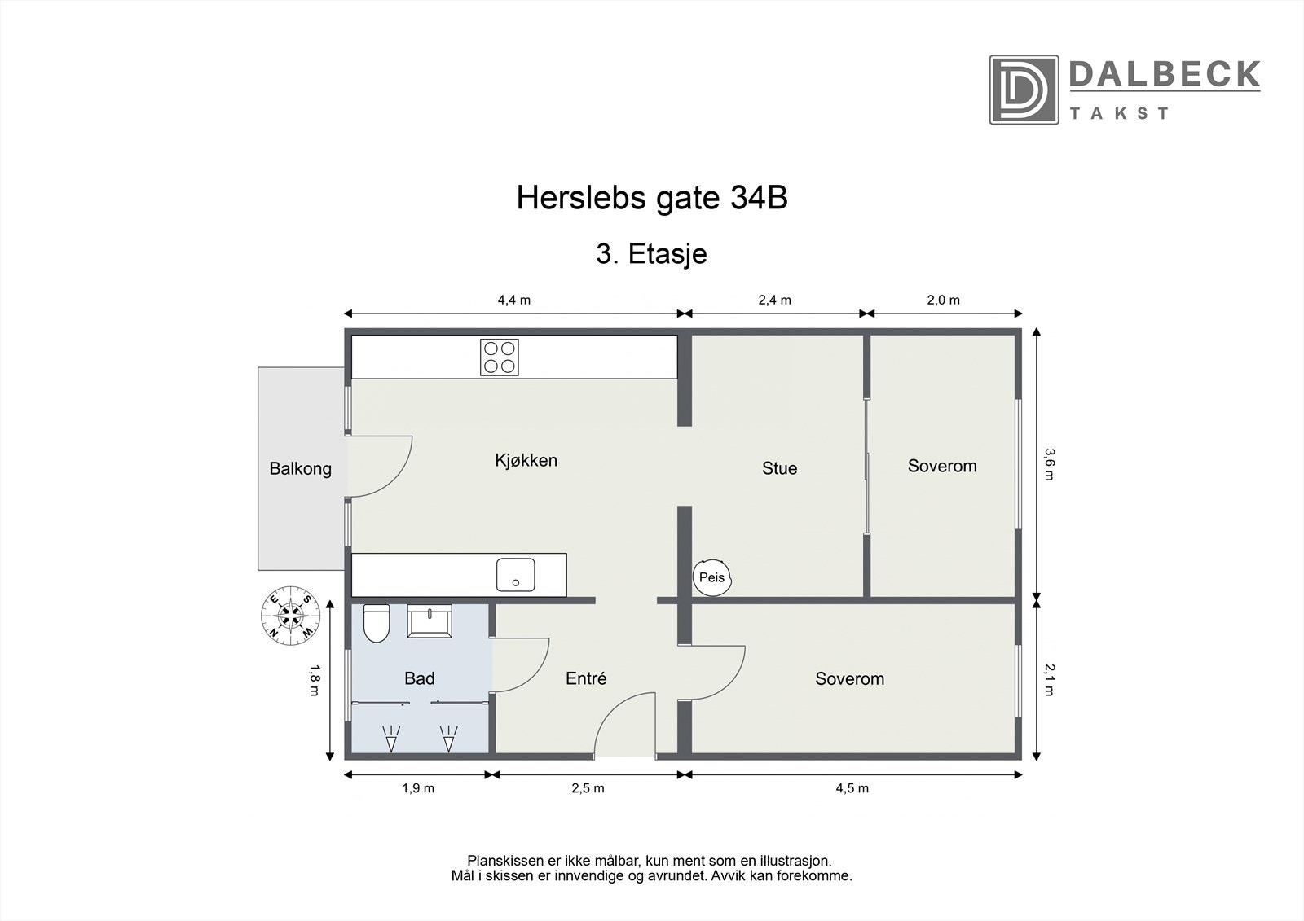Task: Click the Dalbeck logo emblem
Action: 1024,90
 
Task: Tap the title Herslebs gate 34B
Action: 652,198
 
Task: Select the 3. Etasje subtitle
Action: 651,254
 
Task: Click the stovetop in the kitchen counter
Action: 500,357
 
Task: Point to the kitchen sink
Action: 516,575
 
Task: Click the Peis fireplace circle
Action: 712,577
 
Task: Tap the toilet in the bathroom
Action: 376,624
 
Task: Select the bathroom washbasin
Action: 431,622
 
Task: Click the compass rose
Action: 289,612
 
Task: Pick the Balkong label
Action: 300,469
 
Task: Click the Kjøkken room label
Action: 526,461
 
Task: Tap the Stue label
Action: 779,468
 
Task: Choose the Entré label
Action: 586,678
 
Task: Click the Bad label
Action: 419,678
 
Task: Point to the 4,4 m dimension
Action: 513,300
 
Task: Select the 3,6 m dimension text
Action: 1050,464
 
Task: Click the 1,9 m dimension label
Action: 417,788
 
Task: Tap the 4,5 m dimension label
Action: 852,788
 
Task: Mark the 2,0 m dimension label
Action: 943,300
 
